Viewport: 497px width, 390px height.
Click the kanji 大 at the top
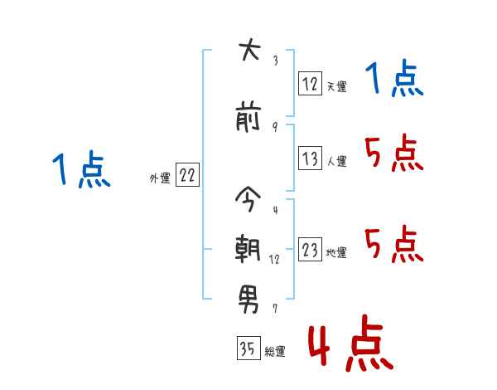tap(249, 49)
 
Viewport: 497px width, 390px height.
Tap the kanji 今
tap(248, 198)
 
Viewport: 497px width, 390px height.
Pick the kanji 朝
tap(248, 249)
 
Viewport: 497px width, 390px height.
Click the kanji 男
tap(248, 300)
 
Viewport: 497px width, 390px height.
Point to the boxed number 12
tap(311, 83)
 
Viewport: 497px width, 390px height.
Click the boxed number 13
tap(311, 158)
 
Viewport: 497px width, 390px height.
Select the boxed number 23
tap(311, 249)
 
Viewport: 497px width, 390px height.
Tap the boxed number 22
tap(187, 174)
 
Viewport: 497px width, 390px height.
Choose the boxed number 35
tap(248, 348)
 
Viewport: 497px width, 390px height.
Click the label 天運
tap(336, 86)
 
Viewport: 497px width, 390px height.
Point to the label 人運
tap(337, 161)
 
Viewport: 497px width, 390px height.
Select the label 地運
tap(336, 252)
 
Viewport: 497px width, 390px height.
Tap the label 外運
tap(160, 178)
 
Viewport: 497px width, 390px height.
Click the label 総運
tap(275, 352)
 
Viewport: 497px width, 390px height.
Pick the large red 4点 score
tap(351, 344)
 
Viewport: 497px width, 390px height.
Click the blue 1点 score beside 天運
tap(394, 78)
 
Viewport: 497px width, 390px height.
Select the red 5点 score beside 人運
tap(394, 153)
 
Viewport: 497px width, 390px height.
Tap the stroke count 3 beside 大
tap(276, 61)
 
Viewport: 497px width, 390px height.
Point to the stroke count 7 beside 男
tap(275, 309)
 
